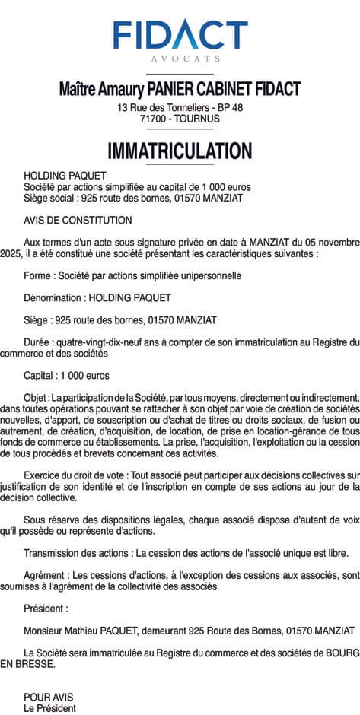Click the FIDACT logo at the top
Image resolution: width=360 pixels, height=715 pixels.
[180, 35]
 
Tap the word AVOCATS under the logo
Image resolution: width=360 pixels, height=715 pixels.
[180, 59]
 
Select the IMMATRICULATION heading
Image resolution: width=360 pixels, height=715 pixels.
[180, 151]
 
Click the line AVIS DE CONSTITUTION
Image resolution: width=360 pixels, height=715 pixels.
[78, 221]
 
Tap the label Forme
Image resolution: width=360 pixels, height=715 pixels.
[38, 275]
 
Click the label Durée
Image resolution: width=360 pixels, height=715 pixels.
[38, 342]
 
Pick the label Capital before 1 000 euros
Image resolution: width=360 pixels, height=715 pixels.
[41, 376]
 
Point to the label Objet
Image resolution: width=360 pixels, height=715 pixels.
[36, 398]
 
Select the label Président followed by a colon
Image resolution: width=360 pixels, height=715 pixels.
[45, 609]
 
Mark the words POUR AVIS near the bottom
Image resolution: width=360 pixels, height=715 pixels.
[49, 697]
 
